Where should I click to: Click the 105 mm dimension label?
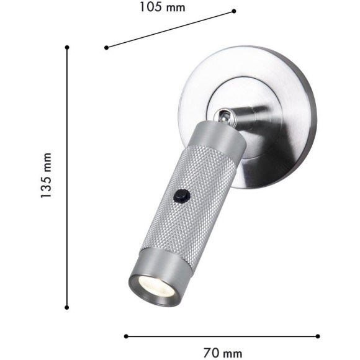[162, 7]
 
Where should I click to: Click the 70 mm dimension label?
[222, 353]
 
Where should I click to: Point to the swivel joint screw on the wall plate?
[222, 115]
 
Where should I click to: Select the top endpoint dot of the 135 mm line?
[67, 47]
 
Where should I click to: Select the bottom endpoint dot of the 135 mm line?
[67, 307]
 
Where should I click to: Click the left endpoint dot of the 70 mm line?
[126, 336]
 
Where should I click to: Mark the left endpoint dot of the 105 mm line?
[107, 47]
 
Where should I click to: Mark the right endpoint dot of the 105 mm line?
[234, 11]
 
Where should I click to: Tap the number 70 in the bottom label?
[212, 353]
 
